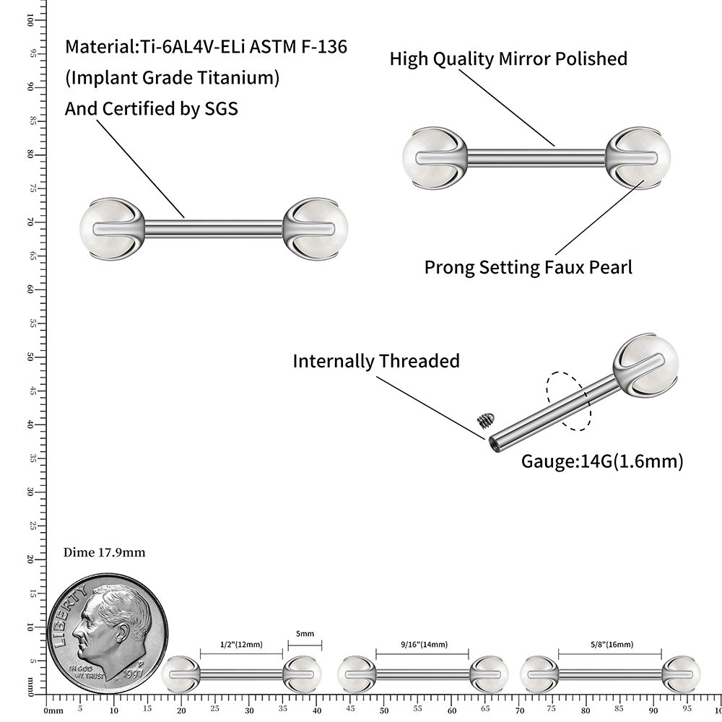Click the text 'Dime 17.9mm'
[105, 553]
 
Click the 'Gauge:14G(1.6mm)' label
[601, 461]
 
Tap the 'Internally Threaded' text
[375, 361]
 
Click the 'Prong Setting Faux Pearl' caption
[528, 267]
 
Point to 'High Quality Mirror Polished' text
[508, 59]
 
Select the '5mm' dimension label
[305, 633]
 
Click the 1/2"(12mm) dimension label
[241, 644]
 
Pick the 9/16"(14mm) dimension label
[422, 644]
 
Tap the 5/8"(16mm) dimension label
[610, 644]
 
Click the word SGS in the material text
[219, 108]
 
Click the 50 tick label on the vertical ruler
[32, 357]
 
